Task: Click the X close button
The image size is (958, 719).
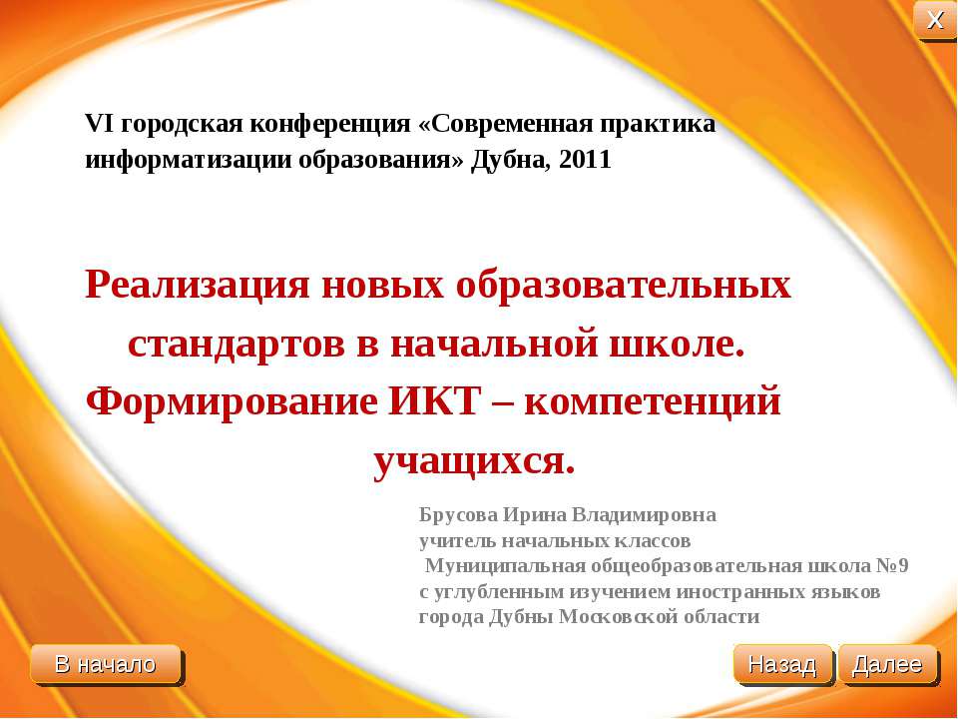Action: click(935, 21)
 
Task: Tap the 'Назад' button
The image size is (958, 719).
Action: click(782, 664)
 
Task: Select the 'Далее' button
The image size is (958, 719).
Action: click(888, 664)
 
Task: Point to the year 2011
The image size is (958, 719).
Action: click(586, 160)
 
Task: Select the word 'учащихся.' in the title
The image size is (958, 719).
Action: click(475, 460)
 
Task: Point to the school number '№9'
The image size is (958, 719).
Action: click(891, 566)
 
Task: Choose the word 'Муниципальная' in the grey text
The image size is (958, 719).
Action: click(492, 566)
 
